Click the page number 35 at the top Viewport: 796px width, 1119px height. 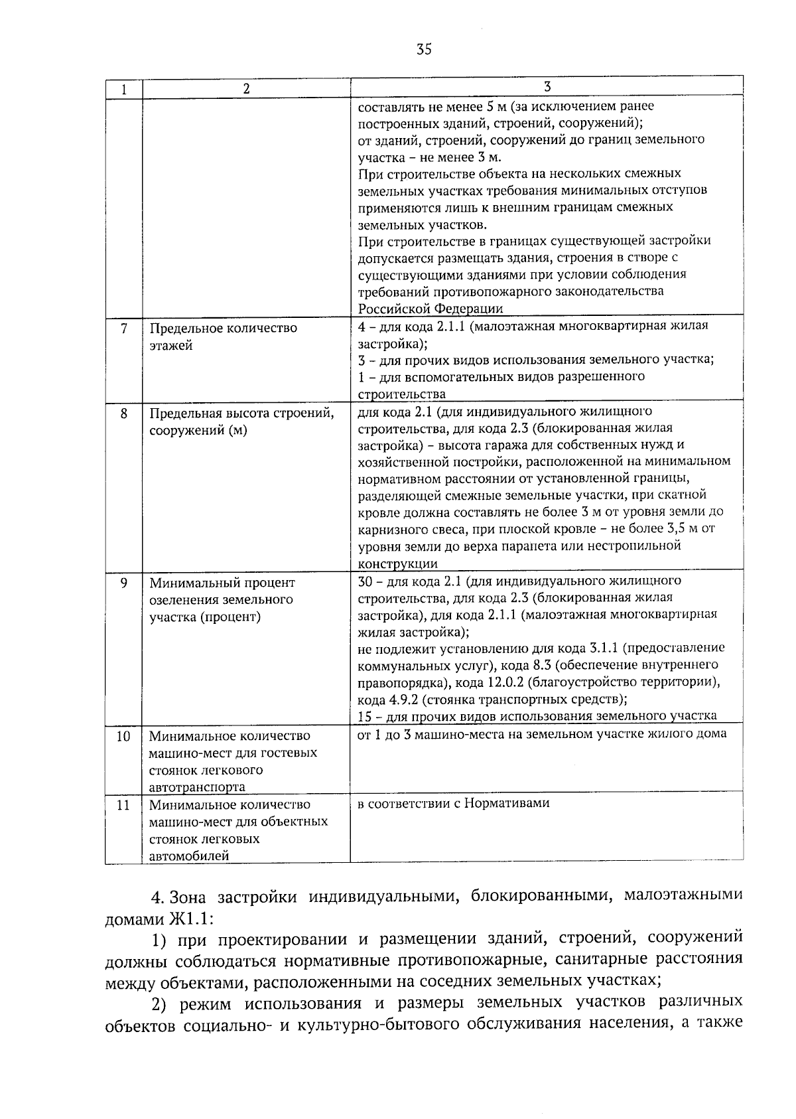click(424, 48)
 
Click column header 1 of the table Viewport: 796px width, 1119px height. click(124, 90)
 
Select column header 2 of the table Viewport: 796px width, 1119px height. click(246, 90)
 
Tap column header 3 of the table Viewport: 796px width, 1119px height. click(547, 87)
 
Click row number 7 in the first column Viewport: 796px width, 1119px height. click(124, 329)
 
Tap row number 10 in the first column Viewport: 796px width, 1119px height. click(124, 736)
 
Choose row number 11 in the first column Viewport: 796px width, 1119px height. click(124, 805)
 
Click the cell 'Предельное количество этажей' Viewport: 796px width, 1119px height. click(223, 336)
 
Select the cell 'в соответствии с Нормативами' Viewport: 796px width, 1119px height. click(454, 803)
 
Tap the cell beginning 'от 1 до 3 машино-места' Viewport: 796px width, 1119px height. click(541, 733)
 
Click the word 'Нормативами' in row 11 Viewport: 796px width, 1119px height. click(507, 803)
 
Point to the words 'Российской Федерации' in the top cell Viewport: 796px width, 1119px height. click(431, 309)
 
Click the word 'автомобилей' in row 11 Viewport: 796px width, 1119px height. click(189, 856)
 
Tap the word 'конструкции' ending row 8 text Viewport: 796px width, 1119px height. click(397, 563)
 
